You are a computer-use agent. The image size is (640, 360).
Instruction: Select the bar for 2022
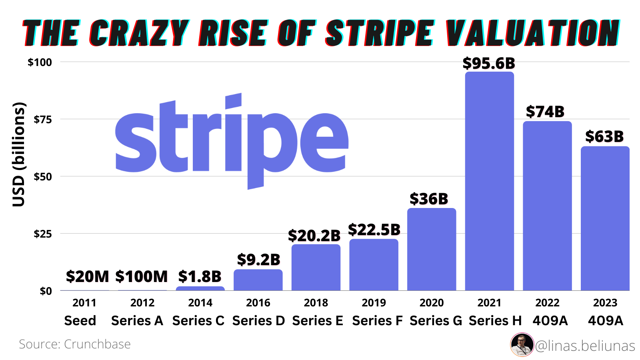pyautogui.click(x=547, y=206)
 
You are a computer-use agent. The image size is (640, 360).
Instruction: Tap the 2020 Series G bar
pyautogui.click(x=432, y=250)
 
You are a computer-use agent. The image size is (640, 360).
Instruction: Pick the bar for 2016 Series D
pyautogui.click(x=258, y=280)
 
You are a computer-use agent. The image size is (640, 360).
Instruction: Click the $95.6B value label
pyautogui.click(x=489, y=63)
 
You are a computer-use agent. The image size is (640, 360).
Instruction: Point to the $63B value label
pyautogui.click(x=604, y=136)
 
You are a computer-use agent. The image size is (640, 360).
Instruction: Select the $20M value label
pyautogui.click(x=87, y=276)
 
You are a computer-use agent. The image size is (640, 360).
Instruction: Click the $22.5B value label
pyautogui.click(x=374, y=230)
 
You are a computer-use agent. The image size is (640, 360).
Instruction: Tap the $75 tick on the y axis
pyautogui.click(x=43, y=119)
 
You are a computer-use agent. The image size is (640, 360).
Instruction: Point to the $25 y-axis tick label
pyautogui.click(x=43, y=234)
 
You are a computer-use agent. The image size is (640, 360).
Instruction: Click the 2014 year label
pyautogui.click(x=200, y=303)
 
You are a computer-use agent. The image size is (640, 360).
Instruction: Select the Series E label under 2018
pyautogui.click(x=318, y=321)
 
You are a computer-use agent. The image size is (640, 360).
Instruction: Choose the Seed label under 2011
pyautogui.click(x=80, y=321)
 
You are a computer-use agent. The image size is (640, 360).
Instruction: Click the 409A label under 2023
pyautogui.click(x=605, y=321)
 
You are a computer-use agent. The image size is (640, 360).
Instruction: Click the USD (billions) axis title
pyautogui.click(x=18, y=154)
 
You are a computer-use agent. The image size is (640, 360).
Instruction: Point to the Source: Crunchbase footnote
pyautogui.click(x=75, y=344)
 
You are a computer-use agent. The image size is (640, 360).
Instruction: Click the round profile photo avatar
pyautogui.click(x=522, y=344)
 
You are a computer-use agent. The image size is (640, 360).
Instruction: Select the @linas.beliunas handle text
pyautogui.click(x=585, y=346)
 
